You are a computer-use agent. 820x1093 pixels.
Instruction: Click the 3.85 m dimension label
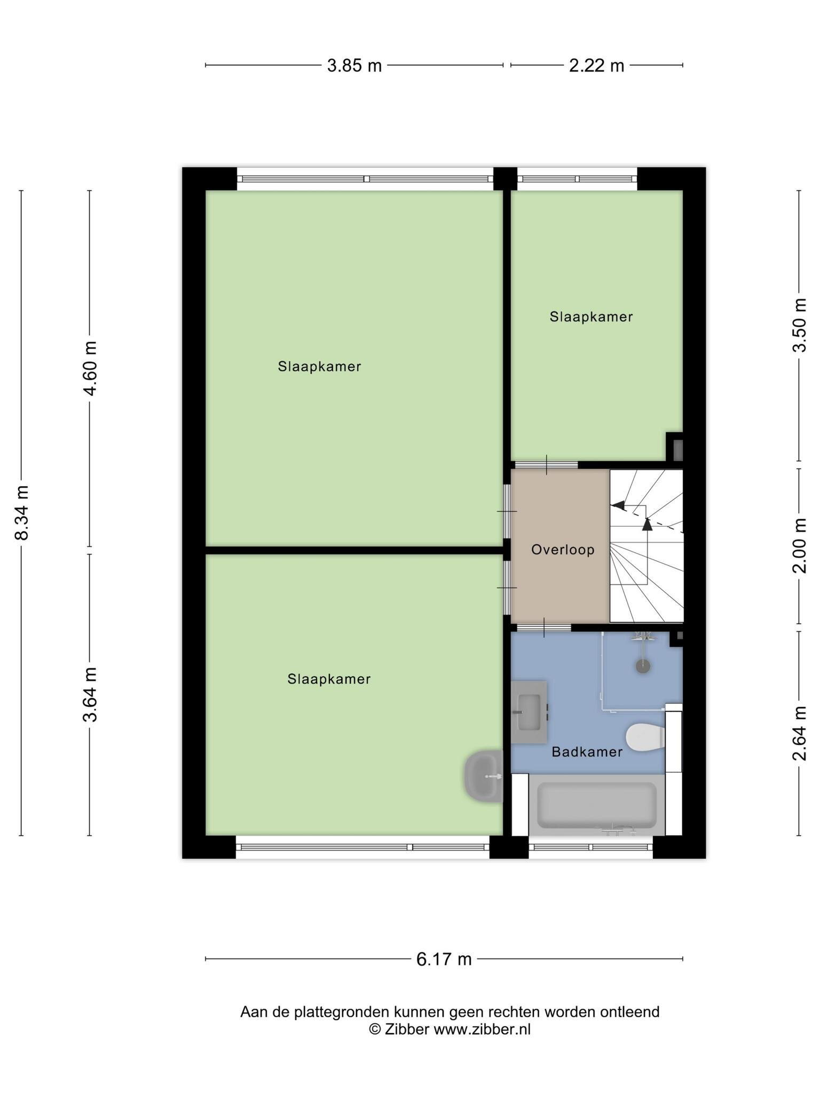tap(354, 66)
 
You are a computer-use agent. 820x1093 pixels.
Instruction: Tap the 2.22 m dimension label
tap(596, 66)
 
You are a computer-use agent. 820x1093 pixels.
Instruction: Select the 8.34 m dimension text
tap(21, 513)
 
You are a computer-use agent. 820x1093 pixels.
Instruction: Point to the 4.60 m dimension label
tap(90, 368)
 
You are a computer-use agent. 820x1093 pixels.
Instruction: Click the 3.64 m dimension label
tap(90, 695)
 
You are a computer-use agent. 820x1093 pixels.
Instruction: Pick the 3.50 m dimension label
tap(799, 325)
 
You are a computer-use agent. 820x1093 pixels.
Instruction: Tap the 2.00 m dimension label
tap(799, 545)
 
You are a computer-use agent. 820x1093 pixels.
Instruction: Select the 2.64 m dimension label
tap(799, 733)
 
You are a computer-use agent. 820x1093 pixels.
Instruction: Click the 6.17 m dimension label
tap(444, 960)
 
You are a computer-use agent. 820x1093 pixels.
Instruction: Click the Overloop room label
tap(563, 550)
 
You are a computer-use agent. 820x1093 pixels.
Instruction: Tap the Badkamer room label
tap(587, 752)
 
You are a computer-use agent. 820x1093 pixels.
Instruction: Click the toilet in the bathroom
tap(645, 738)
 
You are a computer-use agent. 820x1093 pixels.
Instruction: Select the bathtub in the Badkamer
tap(597, 805)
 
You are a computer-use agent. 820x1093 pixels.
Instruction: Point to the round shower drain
tap(643, 666)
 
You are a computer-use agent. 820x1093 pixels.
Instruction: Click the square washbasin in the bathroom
tap(529, 712)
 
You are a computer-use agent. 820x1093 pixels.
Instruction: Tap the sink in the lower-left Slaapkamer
tap(484, 776)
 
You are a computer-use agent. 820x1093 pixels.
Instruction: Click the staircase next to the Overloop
tap(646, 545)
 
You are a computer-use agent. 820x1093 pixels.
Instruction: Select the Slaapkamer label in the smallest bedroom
tap(592, 317)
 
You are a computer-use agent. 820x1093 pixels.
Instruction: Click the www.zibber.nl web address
tap(482, 1030)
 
